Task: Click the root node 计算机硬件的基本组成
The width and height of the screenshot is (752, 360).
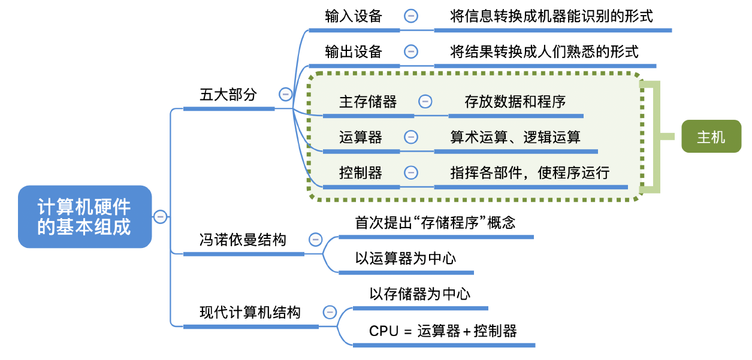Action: coord(84,217)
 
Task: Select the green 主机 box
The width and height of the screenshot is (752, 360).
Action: coord(711,137)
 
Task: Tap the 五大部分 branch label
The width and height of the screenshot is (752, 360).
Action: coord(228,95)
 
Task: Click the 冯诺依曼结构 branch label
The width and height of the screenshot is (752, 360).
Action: coord(243,240)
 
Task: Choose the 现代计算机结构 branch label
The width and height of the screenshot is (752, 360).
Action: coord(250,312)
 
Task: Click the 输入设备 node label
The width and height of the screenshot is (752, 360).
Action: coord(354,16)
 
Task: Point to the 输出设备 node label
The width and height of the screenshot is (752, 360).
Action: coord(354,52)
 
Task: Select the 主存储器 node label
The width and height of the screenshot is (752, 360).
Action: coord(368,101)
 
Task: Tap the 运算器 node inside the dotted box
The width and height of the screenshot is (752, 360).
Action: coord(361,137)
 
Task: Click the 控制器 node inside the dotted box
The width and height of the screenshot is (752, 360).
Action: coord(361,173)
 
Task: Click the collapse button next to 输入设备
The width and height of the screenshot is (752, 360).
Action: coord(411,16)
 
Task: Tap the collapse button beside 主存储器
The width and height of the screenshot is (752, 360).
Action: coord(425,101)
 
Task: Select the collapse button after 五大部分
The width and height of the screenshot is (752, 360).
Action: coord(285,95)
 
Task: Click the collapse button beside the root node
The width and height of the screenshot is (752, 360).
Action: coord(160,216)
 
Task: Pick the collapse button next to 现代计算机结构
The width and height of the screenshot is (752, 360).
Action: coord(330,312)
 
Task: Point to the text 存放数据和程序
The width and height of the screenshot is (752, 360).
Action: coord(515,101)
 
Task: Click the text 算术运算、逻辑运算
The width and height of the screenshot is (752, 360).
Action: coord(515,137)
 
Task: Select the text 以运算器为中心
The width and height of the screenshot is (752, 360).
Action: coord(406,258)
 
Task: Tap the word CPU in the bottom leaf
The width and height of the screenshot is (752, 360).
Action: coord(383,331)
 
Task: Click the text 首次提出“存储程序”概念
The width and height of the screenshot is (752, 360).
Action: coord(436,223)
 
